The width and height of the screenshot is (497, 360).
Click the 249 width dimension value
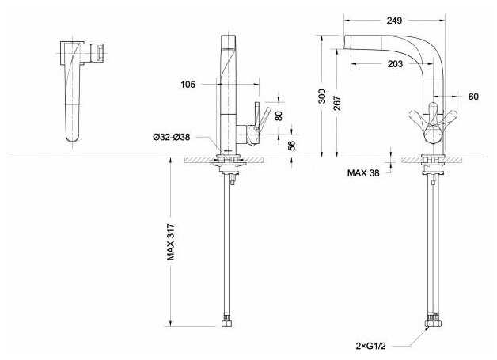coord(394,21)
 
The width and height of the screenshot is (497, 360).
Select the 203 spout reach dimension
coord(395,64)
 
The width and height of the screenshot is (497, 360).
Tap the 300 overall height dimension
coord(322,96)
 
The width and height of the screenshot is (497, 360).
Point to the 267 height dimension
coord(337,103)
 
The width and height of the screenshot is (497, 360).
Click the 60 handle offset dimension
coord(473,97)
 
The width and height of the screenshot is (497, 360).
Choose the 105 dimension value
coord(188,85)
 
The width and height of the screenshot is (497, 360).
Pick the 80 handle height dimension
coord(279,116)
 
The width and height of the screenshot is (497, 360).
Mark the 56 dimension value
coord(292,146)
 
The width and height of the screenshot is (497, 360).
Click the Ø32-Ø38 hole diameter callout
coord(172,137)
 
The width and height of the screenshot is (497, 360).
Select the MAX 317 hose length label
coord(171,242)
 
